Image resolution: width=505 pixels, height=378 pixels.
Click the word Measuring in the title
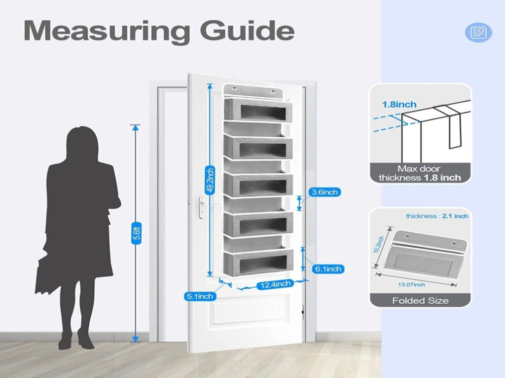(107, 32)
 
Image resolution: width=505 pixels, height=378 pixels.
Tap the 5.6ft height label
(137, 233)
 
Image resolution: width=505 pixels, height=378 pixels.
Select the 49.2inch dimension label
(210, 181)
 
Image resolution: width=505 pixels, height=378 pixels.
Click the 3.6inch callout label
(325, 192)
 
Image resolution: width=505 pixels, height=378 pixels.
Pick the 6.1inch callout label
(328, 269)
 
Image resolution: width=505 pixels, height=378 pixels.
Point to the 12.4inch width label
(275, 285)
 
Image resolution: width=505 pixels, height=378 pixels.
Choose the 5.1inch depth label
(200, 296)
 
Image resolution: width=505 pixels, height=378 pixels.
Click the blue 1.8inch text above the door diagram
(399, 105)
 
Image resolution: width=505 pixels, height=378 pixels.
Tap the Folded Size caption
(420, 301)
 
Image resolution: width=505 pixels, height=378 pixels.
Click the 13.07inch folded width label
(411, 285)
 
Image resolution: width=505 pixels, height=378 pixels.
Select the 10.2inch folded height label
(378, 245)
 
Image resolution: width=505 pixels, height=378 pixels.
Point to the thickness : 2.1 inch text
(437, 216)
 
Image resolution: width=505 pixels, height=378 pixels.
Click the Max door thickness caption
(420, 173)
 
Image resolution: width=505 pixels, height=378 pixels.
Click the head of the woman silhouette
(82, 141)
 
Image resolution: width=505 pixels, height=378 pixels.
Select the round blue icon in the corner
(478, 32)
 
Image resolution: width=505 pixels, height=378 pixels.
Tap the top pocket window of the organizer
(263, 112)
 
